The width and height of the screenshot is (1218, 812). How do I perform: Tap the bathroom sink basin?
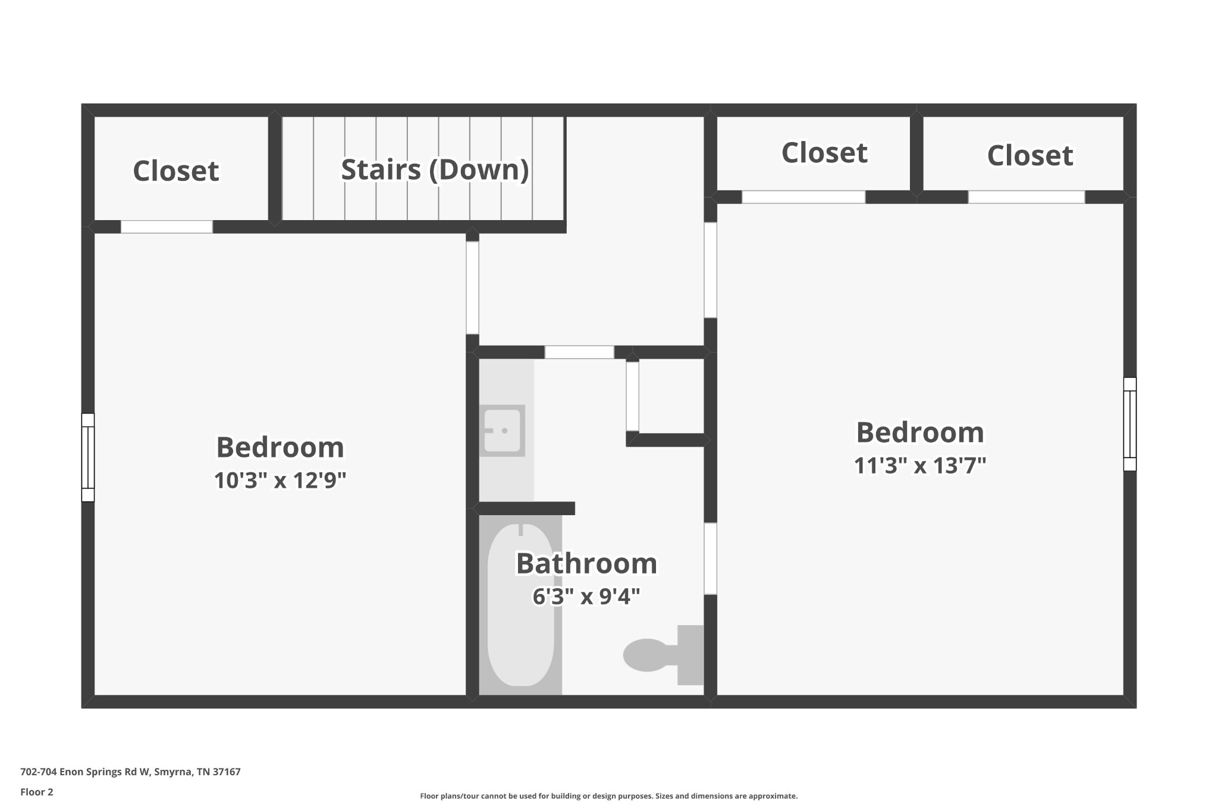[x=503, y=431]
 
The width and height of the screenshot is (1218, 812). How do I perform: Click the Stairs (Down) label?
[x=435, y=170]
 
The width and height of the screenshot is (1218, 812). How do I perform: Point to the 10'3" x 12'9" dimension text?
[x=280, y=480]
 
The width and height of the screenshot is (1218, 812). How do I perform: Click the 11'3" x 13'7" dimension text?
[x=920, y=465]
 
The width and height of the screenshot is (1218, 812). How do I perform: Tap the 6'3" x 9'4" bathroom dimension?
[x=586, y=595]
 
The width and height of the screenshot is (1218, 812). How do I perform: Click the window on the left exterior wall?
[x=88, y=457]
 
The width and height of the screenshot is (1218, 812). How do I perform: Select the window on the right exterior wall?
[x=1130, y=424]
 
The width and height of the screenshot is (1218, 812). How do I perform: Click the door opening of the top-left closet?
[x=167, y=227]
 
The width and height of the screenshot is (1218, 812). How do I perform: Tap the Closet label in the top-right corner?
[x=1030, y=156]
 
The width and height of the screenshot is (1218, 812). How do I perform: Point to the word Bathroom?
[x=586, y=563]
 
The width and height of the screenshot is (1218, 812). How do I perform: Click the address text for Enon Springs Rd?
[x=130, y=772]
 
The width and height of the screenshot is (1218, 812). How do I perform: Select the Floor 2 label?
[x=37, y=792]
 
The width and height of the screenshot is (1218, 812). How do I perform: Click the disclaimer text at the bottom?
[x=608, y=796]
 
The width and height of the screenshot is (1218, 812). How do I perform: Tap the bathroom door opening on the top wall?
[x=579, y=352]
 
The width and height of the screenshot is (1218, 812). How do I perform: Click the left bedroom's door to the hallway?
[x=472, y=288]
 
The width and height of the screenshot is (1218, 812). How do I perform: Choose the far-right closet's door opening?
[x=1026, y=197]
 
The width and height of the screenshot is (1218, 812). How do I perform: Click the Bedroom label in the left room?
[x=280, y=447]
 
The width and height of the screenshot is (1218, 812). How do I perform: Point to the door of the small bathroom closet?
[x=632, y=396]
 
